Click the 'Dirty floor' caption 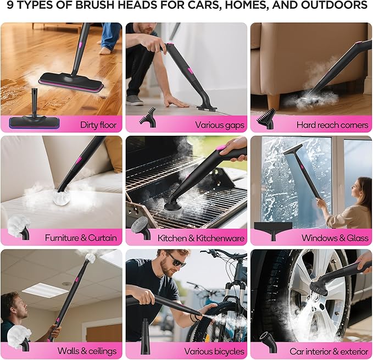click(x=98, y=125)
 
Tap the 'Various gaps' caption click(x=220, y=125)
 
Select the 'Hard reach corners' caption click(x=332, y=125)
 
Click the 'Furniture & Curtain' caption click(x=81, y=238)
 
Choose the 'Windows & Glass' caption click(x=335, y=238)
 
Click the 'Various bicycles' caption click(x=214, y=351)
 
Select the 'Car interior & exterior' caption click(x=328, y=351)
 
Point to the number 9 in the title click(x=10, y=7)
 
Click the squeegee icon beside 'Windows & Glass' click(x=273, y=230)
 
